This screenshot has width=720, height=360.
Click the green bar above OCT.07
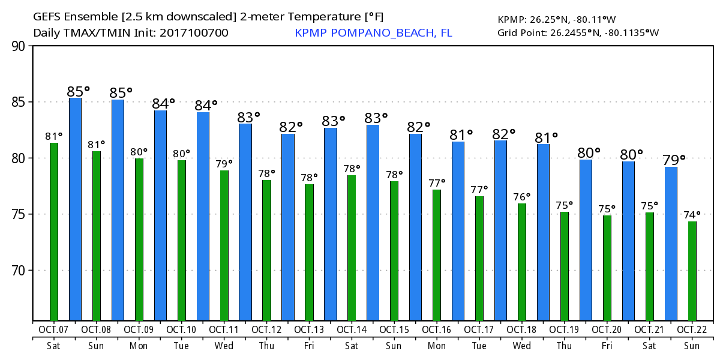[54, 232]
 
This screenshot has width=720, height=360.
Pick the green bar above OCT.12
[266, 250]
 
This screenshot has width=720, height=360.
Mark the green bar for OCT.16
[437, 255]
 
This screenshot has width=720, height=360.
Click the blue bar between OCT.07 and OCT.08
[75, 209]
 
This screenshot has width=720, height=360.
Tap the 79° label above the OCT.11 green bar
[224, 163]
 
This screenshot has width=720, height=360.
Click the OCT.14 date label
[352, 329]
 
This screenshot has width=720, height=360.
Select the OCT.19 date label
[564, 329]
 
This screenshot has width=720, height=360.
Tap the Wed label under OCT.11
[224, 346]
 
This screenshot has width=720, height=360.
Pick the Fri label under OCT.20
[607, 346]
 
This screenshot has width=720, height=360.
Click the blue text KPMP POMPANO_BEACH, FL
[373, 32]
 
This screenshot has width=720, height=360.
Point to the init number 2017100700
[194, 32]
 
